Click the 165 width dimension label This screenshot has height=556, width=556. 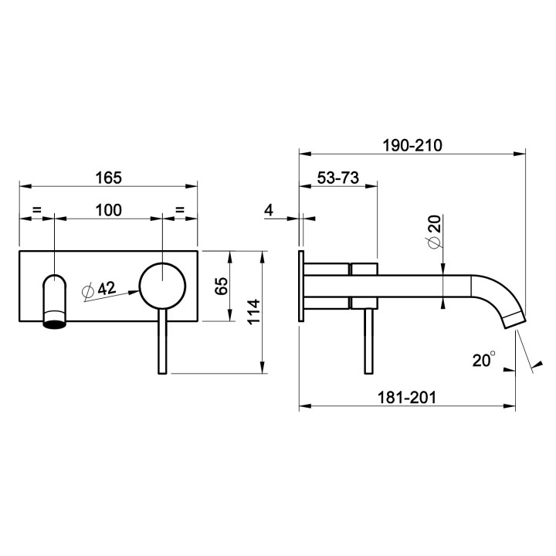click(x=109, y=178)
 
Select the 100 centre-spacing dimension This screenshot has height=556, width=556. click(x=109, y=210)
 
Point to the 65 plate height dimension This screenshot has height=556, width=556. click(x=222, y=286)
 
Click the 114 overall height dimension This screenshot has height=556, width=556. click(x=253, y=312)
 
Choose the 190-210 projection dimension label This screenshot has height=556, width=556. click(x=412, y=145)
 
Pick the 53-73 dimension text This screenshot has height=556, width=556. click(x=338, y=178)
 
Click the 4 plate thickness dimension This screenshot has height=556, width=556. click(x=270, y=210)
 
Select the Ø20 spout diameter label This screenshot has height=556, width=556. click(x=434, y=232)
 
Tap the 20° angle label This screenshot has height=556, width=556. click(x=484, y=360)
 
